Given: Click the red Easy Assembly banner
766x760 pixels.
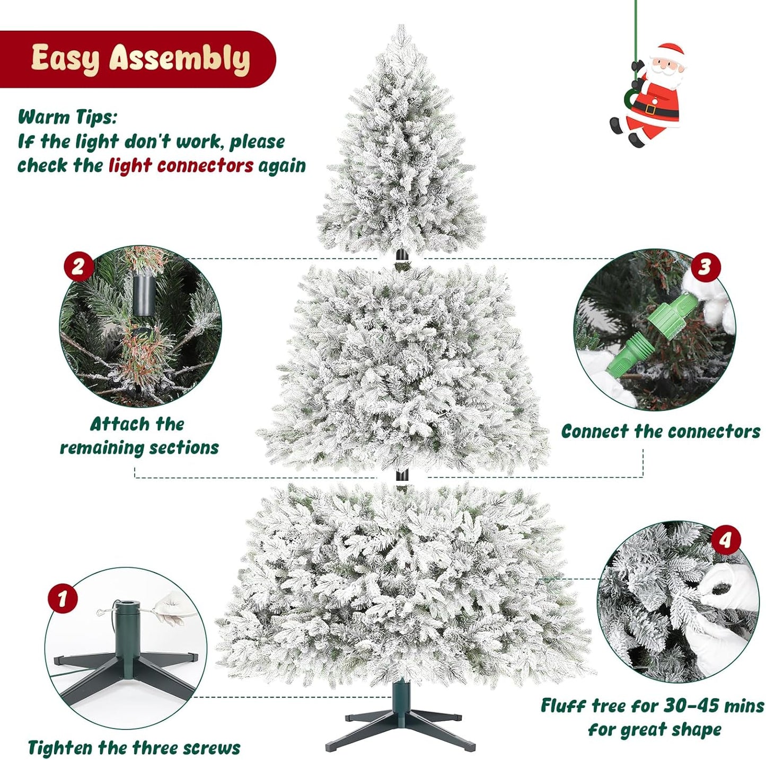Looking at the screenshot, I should tap(138, 58).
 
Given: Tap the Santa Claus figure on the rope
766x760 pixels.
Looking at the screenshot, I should tap(652, 95).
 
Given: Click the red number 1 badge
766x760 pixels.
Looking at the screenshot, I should tap(63, 598).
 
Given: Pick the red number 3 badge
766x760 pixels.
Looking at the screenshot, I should tap(704, 266).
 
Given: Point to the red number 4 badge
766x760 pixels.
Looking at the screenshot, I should tap(725, 540).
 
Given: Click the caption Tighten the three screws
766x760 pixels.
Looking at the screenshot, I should tap(134, 748).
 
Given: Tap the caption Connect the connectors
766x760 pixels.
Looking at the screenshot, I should tap(661, 431).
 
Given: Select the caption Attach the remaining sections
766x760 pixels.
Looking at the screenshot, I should tap(139, 436).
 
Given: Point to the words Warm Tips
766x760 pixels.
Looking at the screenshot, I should tap(67, 117).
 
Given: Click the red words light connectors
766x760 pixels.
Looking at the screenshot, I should tap(181, 166).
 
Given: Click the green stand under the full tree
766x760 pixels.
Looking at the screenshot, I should tap(401, 715).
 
